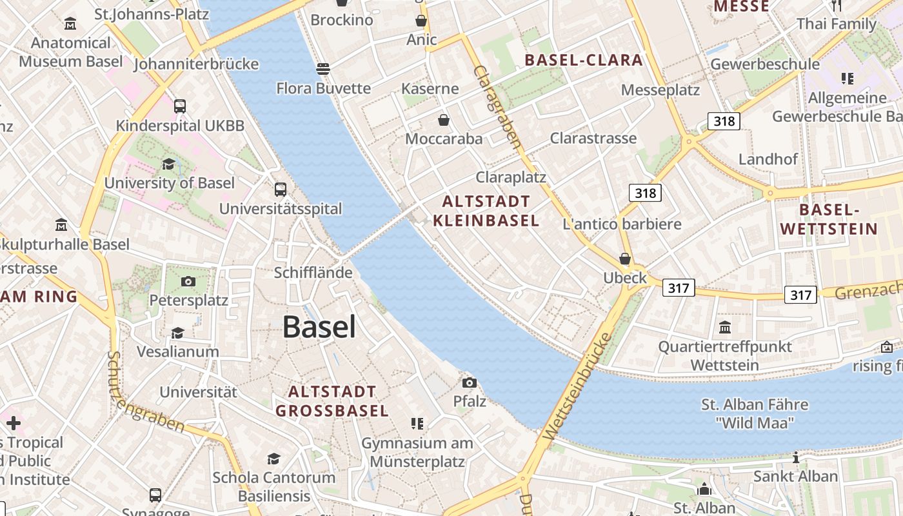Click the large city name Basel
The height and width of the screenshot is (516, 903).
[x=319, y=327]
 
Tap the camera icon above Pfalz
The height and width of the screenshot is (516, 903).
[x=470, y=382]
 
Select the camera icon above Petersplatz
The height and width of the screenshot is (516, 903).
[x=188, y=281]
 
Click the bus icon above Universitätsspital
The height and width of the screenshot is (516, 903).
[x=281, y=190]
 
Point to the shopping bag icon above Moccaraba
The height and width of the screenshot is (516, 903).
[x=444, y=120]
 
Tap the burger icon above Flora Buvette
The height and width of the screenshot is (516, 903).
[x=323, y=68]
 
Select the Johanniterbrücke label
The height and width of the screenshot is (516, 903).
[x=196, y=64]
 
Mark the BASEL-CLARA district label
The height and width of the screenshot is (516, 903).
[x=584, y=61]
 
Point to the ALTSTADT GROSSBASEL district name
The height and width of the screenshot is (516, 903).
[x=332, y=401]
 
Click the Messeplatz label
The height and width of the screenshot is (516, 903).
[x=660, y=90]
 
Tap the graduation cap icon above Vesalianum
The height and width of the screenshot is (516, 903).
[x=177, y=333]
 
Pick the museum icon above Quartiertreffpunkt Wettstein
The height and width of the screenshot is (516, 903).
[x=725, y=327]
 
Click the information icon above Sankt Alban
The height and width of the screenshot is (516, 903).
[x=796, y=458]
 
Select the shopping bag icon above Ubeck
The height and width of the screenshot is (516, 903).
[x=624, y=259]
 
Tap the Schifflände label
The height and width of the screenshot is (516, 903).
[x=313, y=272]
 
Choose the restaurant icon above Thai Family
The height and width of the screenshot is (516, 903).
[x=837, y=6]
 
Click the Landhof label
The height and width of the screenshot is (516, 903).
[x=768, y=159]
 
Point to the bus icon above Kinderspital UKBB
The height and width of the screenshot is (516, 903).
[x=180, y=106]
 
